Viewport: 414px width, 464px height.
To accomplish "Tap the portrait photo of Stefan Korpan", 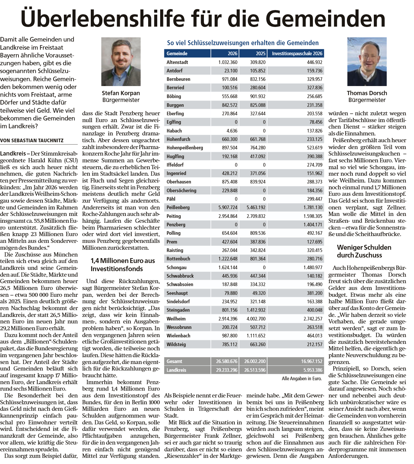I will (121, 61).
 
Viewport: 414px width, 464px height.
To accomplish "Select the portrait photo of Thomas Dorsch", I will (367, 61).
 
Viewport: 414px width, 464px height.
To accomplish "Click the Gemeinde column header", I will (177, 54).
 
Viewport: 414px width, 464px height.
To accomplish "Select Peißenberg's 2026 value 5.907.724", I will (228, 207).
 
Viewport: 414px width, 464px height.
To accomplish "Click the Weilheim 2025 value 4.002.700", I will (256, 319).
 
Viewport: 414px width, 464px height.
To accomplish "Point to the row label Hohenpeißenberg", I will (185, 148).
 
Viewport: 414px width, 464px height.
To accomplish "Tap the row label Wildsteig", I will (176, 345).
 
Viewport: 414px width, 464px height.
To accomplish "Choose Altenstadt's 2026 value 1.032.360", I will (228, 62).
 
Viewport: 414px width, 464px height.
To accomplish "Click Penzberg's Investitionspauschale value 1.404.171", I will (313, 225).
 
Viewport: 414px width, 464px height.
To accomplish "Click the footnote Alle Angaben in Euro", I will (302, 379).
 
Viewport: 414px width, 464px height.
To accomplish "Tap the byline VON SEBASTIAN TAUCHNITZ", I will (32, 141).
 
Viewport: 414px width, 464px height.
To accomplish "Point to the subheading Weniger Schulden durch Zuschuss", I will (364, 251).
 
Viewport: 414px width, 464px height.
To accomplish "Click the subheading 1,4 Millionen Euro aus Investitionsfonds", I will (123, 265).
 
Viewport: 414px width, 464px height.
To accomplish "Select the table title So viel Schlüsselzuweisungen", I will (242, 43).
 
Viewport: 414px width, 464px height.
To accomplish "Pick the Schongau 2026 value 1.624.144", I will (228, 268).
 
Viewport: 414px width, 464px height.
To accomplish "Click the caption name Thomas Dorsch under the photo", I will (367, 93).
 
